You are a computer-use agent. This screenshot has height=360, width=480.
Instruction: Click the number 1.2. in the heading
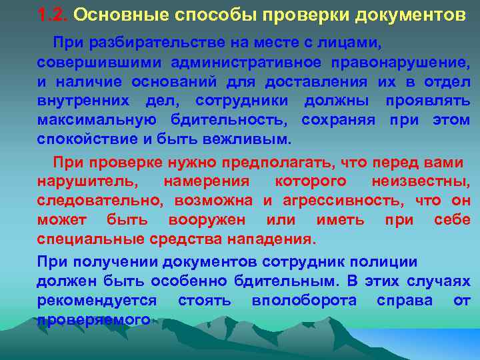point(53,14)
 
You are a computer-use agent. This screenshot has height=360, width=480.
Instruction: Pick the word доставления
point(316,83)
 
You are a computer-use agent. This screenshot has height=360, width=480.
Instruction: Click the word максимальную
point(97,121)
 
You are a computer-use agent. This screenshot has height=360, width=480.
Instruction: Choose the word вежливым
point(253,141)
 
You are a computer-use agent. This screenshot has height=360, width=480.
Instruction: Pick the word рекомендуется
point(97,301)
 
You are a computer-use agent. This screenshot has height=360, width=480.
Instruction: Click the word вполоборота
point(303,301)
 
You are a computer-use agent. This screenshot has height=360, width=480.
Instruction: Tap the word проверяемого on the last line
point(93,320)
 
